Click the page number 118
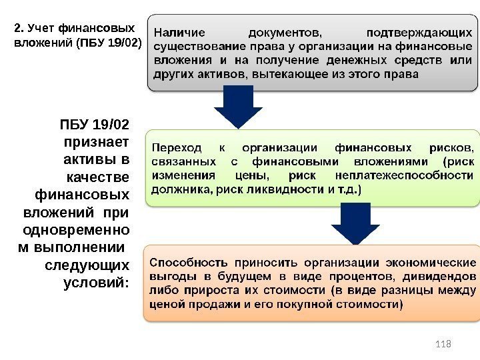tap(443, 343)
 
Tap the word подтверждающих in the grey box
tap(423, 31)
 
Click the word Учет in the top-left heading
tap(41, 28)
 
